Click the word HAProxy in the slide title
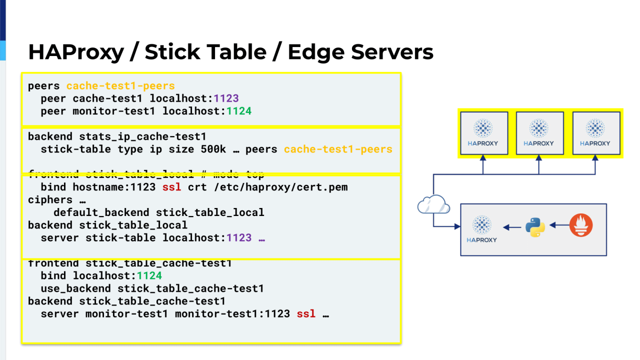click(75, 52)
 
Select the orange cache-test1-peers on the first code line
click(120, 85)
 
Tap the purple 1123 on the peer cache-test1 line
click(226, 98)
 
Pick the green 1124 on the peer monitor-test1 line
click(238, 111)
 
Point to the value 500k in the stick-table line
click(213, 149)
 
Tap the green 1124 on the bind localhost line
click(149, 275)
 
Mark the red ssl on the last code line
click(306, 314)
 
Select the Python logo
click(535, 227)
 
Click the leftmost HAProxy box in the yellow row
click(483, 132)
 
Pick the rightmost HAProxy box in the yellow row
click(595, 132)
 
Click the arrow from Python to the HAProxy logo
click(512, 227)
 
